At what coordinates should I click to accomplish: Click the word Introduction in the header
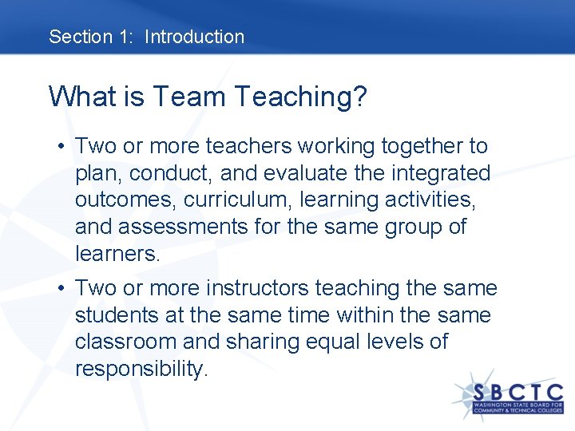pyautogui.click(x=194, y=37)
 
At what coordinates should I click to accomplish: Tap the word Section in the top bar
pyautogui.click(x=80, y=37)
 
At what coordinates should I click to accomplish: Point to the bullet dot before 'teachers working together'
pyautogui.click(x=61, y=147)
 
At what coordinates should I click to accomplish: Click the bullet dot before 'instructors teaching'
pyautogui.click(x=61, y=289)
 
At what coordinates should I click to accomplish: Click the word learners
pyautogui.click(x=117, y=254)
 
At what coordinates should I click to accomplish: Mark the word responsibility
pyautogui.click(x=141, y=369)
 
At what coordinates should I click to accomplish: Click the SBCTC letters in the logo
pyautogui.click(x=517, y=393)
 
